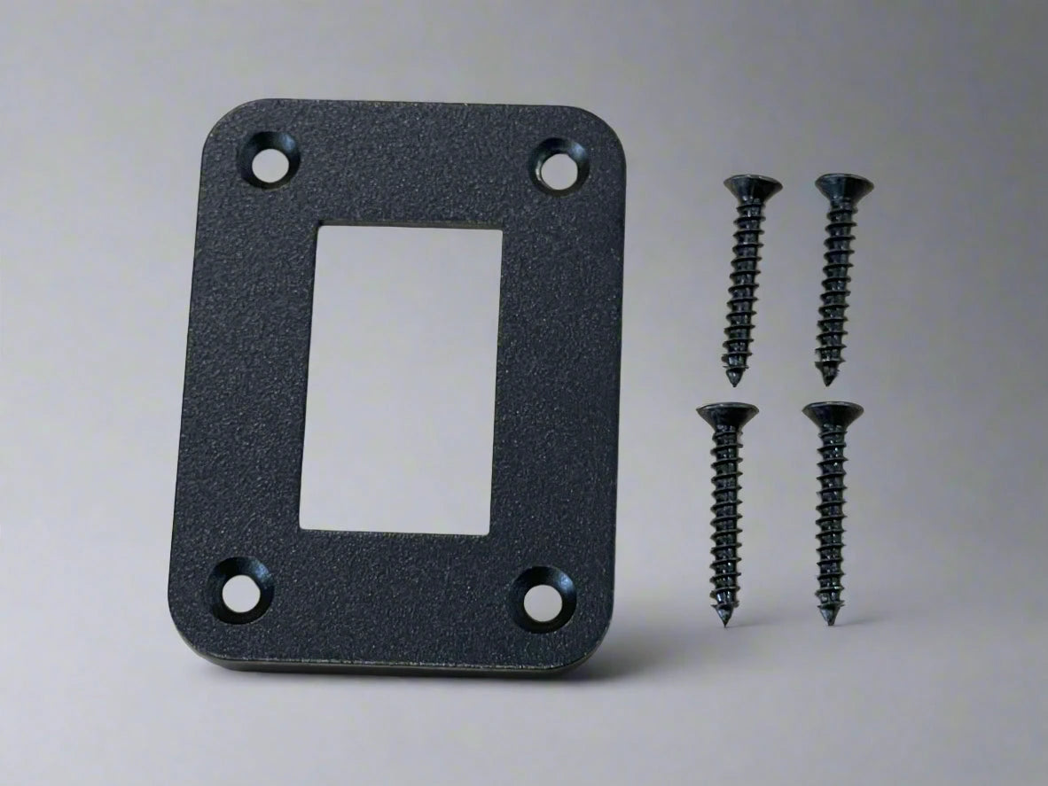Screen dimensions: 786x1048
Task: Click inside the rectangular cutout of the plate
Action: (401, 378)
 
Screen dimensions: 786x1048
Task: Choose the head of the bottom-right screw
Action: (832, 413)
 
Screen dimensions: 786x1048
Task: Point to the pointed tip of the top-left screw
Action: (734, 381)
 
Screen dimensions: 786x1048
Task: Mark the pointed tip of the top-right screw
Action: (828, 380)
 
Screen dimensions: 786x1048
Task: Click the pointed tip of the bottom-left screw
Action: (726, 621)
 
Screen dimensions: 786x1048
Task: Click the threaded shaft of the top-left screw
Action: (743, 284)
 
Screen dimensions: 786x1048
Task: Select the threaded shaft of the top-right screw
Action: (834, 284)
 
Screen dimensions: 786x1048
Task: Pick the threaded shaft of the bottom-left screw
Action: (726, 523)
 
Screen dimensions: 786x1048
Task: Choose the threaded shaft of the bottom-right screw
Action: (831, 523)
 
